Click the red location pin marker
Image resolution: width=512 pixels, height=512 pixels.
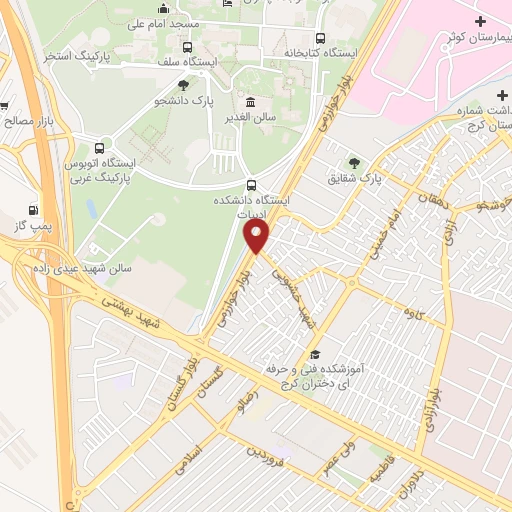tap(257, 236)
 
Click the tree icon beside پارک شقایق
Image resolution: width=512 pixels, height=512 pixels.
tap(353, 162)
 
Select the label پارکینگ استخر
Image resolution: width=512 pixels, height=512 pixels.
tap(75, 56)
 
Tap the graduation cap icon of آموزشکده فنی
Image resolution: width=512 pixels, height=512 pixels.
tap(314, 355)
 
